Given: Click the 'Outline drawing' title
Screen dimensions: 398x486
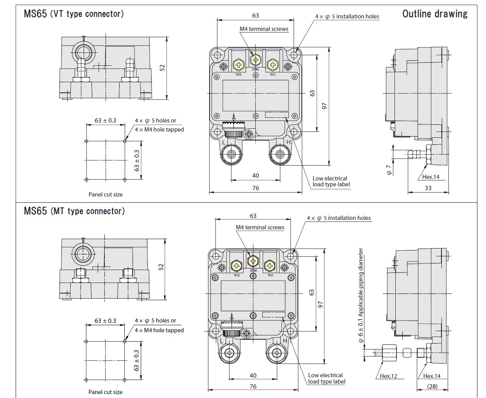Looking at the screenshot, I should tap(435, 14).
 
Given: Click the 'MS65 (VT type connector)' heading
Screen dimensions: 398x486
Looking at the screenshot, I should tap(74, 14).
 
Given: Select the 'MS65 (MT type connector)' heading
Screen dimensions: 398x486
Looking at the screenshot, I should tap(74, 211).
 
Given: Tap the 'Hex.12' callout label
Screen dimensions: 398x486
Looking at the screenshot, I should tap(388, 376).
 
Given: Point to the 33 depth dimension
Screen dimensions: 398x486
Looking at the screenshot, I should tap(428, 188).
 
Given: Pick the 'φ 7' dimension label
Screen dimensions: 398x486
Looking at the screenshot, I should tap(389, 169).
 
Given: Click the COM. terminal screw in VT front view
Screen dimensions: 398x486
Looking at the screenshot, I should tap(255, 60).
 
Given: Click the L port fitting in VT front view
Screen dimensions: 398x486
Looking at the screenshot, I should tap(231, 154).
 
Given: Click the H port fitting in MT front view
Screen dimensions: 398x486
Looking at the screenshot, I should tap(277, 352).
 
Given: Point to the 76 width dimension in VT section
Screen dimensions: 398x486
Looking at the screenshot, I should tap(255, 188).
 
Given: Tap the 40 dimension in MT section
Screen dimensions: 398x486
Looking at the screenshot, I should tap(253, 375).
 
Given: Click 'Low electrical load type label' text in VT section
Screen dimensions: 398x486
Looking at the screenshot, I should tap(331, 181).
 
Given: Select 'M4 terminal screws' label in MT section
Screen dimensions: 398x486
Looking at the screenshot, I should tap(260, 227).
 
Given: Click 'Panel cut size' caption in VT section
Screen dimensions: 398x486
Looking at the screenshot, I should tap(106, 194).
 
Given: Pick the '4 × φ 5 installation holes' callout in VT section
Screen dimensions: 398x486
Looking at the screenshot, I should tap(347, 16).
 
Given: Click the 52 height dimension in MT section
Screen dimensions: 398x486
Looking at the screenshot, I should tap(161, 267).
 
